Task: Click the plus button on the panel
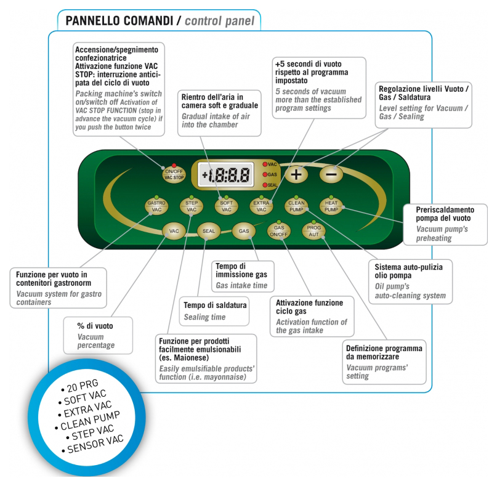[296, 174]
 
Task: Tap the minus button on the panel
[331, 174]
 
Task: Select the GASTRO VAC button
[156, 206]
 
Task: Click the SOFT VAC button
[226, 206]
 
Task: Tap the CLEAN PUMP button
[296, 206]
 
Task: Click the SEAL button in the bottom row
[208, 231]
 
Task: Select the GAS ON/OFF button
[278, 231]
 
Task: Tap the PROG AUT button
[313, 231]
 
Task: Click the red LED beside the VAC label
[265, 164]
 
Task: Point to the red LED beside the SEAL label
[265, 185]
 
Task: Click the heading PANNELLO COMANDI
[117, 22]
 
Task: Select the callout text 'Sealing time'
[205, 317]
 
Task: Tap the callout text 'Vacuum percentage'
[96, 341]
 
